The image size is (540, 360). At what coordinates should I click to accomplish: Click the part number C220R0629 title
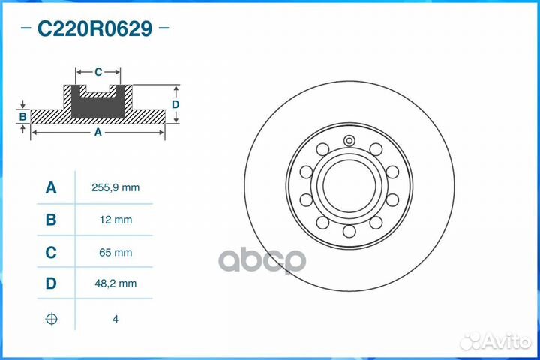(x=94, y=29)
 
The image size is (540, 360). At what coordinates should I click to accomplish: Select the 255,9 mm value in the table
(x=115, y=188)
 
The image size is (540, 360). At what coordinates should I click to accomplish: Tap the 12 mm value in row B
(x=115, y=220)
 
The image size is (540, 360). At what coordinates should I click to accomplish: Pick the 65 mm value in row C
(x=115, y=253)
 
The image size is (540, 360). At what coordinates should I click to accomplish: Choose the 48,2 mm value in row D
(x=115, y=283)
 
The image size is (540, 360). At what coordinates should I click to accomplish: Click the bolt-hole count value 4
(x=115, y=319)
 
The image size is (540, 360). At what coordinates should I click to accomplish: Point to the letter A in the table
(x=51, y=188)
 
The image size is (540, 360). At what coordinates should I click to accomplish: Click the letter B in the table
(x=51, y=220)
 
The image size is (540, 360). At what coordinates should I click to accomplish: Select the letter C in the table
(x=51, y=253)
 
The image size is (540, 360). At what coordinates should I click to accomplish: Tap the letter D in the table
(x=51, y=283)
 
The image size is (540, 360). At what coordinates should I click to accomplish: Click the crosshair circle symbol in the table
(x=51, y=319)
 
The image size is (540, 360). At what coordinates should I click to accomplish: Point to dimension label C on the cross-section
(x=98, y=72)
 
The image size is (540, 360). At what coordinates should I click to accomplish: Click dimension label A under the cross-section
(x=97, y=132)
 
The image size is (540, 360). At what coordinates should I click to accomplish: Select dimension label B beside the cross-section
(x=23, y=116)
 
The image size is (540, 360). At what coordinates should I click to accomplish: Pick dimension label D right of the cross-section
(x=175, y=104)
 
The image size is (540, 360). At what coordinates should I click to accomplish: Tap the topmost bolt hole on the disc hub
(x=349, y=139)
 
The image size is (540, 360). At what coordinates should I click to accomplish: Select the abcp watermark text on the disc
(x=262, y=260)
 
